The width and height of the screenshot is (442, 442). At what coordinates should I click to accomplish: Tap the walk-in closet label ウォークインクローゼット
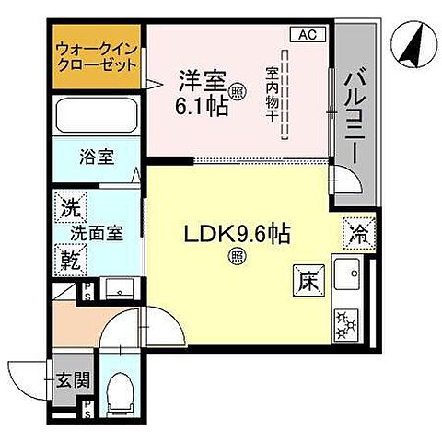tap(96, 59)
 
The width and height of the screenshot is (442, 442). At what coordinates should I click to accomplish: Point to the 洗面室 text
tap(106, 232)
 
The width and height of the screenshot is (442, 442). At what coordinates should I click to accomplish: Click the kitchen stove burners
tap(348, 323)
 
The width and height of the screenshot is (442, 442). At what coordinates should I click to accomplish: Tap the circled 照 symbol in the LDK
tap(236, 257)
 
